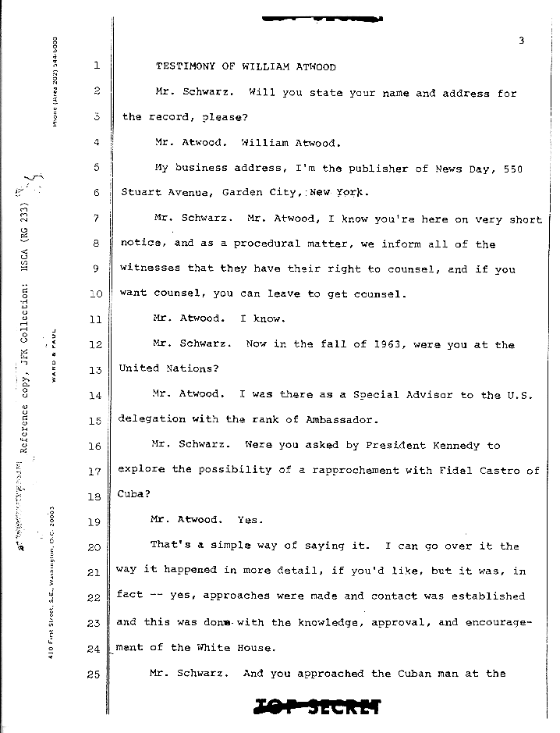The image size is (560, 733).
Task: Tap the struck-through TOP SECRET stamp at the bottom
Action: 317,706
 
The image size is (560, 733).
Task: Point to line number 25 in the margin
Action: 94,675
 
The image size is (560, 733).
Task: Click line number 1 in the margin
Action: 95,67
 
